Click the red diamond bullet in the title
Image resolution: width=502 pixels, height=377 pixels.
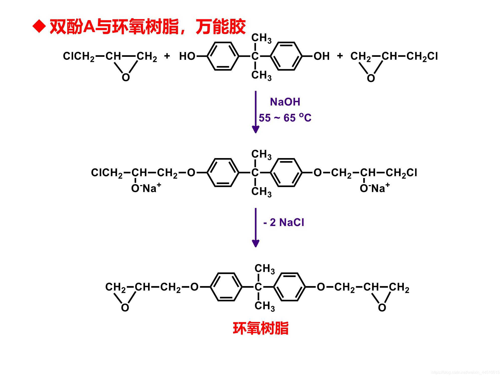[39, 26]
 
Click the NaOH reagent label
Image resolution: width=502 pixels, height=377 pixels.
[285, 102]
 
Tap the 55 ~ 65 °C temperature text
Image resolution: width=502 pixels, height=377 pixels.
[285, 118]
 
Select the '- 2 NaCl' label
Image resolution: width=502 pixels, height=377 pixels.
[284, 222]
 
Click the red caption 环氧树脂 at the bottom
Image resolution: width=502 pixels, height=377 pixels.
[261, 328]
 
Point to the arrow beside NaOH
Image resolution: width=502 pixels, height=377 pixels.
[256, 112]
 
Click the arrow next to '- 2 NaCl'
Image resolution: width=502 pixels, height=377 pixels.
[256, 227]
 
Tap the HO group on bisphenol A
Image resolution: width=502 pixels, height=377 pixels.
[187, 56]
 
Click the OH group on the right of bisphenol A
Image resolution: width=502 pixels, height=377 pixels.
[321, 56]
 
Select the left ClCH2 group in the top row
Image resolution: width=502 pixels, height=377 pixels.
[79, 56]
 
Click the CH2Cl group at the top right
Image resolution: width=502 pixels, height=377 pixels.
[422, 56]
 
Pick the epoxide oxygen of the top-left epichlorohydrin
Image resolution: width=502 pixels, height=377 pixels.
[126, 77]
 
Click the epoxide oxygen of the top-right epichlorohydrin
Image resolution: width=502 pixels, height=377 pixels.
[371, 78]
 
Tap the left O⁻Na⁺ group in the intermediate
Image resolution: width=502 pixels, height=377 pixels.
[146, 188]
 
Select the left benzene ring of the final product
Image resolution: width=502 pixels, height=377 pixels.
[226, 287]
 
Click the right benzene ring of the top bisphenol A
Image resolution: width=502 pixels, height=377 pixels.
[286, 56]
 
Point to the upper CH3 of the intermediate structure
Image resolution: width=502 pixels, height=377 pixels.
[261, 154]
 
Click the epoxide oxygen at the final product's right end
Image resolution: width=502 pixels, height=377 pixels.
[382, 307]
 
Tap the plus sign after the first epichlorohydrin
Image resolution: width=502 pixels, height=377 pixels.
[167, 56]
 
